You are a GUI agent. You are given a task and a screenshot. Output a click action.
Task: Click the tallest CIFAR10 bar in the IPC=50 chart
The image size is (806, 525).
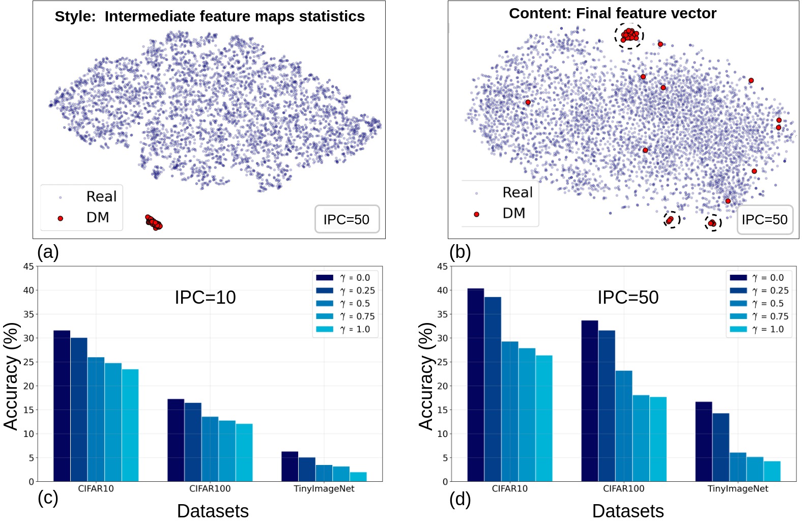tap(475, 385)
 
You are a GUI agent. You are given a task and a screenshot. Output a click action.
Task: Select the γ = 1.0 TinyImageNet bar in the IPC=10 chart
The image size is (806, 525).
tap(358, 477)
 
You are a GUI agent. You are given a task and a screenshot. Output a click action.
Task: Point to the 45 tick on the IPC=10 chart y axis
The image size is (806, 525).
tap(29, 266)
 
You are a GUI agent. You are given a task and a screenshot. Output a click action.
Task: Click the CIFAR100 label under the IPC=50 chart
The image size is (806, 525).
tap(623, 489)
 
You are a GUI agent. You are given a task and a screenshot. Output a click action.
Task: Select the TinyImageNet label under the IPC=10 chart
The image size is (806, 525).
tap(324, 489)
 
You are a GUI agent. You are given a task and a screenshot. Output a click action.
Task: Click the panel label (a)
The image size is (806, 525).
tap(48, 252)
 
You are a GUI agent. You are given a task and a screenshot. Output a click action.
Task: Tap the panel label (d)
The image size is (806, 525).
tap(460, 500)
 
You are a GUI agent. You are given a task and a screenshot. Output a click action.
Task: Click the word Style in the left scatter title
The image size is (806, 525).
tap(74, 17)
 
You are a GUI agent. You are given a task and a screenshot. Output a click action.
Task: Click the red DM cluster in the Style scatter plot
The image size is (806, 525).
tap(153, 222)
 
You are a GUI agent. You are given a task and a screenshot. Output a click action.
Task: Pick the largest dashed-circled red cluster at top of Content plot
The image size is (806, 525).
tap(629, 35)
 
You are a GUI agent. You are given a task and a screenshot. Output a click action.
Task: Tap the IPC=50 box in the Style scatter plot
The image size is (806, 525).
tap(347, 219)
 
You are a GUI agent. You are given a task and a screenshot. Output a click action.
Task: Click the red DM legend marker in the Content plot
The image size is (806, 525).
tap(476, 214)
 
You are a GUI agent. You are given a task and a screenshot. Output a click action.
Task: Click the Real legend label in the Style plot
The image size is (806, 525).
tap(101, 196)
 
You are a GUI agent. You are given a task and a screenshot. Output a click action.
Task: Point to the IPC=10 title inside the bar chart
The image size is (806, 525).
tap(205, 297)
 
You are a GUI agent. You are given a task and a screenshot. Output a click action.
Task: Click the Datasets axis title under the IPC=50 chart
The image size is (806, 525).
tap(628, 511)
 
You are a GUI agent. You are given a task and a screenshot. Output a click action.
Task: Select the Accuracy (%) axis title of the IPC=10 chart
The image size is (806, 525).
tap(11, 376)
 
